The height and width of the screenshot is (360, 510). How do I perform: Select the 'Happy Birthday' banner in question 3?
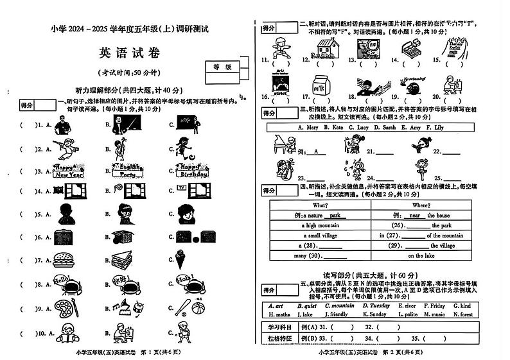coord(193,171)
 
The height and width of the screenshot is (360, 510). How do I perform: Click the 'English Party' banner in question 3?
coord(126,171)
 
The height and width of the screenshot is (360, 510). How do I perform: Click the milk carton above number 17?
coord(319,86)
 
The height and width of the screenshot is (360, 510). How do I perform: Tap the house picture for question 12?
coord(327,47)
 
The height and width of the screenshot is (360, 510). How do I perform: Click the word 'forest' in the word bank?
coord(464,314)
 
